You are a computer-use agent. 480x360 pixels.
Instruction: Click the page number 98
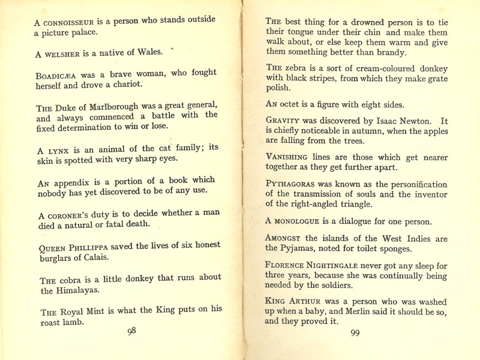pyautogui.click(x=132, y=331)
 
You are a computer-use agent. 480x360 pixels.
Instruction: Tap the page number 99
pyautogui.click(x=355, y=334)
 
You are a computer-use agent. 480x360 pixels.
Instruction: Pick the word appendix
pyautogui.click(x=71, y=182)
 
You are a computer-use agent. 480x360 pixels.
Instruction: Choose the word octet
pyautogui.click(x=293, y=103)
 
